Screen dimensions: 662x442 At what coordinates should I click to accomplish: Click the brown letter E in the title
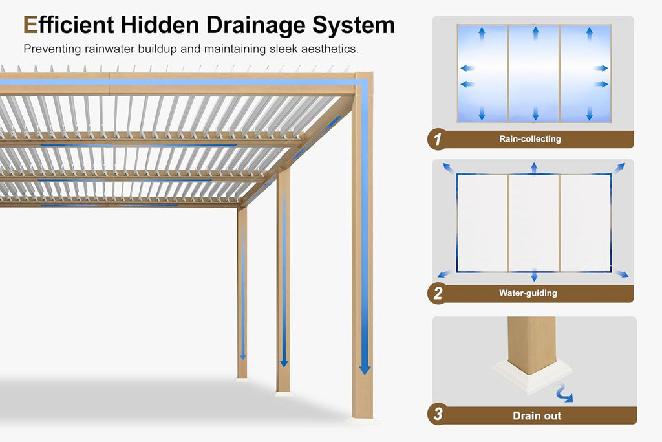tap(30, 25)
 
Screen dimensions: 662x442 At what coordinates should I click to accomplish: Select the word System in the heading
tap(354, 26)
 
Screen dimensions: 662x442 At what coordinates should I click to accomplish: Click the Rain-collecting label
tap(530, 139)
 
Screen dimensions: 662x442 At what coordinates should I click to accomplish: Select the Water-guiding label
tap(528, 293)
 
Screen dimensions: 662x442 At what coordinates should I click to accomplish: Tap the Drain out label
tap(537, 416)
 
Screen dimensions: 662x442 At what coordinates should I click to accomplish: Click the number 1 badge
tap(438, 139)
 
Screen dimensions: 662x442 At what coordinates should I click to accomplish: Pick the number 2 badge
tap(438, 293)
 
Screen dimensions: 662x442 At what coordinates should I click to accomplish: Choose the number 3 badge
tap(438, 414)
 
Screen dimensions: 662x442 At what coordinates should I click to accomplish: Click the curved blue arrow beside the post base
tap(564, 393)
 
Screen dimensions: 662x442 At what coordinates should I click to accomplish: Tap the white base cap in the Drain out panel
tap(526, 375)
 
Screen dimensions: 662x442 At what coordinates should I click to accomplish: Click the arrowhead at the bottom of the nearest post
tap(365, 370)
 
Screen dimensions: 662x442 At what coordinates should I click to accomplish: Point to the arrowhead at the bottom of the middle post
tap(284, 363)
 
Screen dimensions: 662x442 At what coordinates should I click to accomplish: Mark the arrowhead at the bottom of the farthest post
tap(243, 356)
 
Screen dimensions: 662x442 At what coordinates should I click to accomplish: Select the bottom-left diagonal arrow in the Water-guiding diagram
tap(444, 274)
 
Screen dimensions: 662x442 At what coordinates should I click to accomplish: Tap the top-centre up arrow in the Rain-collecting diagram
tap(535, 33)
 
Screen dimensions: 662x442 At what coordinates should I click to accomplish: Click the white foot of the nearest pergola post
tap(362, 421)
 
